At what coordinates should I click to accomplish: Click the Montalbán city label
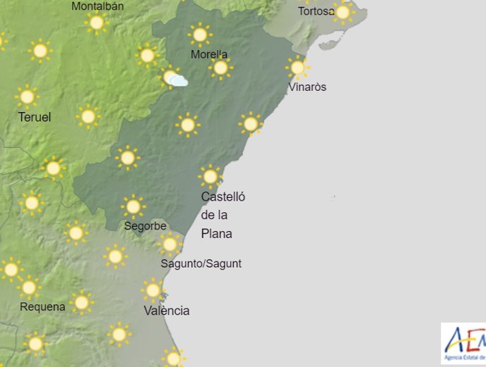(98, 6)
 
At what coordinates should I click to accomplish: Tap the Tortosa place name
(316, 11)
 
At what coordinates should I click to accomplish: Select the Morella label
(209, 55)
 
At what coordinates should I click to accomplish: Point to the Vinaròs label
(307, 87)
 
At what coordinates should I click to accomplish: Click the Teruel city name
(35, 117)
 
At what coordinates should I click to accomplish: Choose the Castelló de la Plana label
(223, 215)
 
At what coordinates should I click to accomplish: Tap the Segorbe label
(145, 226)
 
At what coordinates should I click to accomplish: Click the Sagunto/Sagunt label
(201, 263)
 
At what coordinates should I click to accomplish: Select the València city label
(166, 311)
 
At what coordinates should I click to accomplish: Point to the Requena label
(42, 306)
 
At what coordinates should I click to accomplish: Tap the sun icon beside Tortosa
(343, 12)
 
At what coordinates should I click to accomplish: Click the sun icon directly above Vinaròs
(298, 67)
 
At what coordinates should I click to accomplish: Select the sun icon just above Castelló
(210, 175)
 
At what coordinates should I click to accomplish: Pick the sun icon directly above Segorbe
(132, 206)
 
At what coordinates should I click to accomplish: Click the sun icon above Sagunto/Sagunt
(170, 244)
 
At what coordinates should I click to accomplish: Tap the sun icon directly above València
(152, 290)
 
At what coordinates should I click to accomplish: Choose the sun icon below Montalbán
(96, 23)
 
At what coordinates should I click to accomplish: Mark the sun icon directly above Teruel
(27, 97)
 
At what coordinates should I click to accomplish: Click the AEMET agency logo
(464, 344)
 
